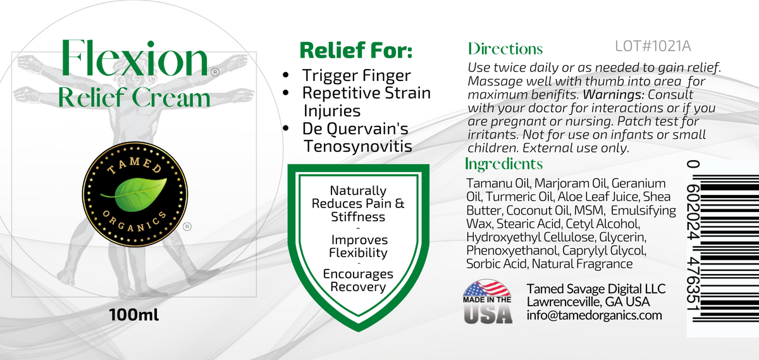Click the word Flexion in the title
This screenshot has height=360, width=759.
click(133, 60)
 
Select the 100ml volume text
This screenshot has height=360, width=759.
click(133, 314)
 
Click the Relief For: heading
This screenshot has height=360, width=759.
click(355, 50)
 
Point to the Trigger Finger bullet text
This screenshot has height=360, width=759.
click(356, 75)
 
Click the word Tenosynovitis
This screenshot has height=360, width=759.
click(357, 146)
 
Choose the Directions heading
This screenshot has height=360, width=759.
click(505, 49)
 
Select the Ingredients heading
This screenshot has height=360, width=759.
click(503, 164)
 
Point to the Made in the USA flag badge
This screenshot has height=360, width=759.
click(487, 302)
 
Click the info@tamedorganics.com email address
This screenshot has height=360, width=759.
click(594, 314)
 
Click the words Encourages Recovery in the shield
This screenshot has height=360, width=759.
click(358, 280)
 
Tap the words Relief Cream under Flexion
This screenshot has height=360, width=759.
click(133, 98)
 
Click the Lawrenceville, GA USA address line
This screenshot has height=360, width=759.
click(588, 301)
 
